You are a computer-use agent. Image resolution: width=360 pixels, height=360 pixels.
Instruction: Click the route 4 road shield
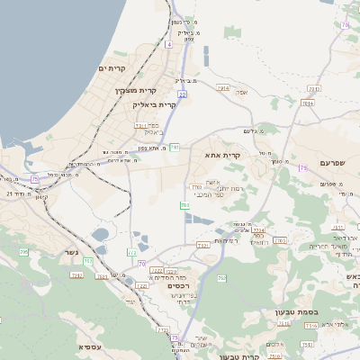point(168,43)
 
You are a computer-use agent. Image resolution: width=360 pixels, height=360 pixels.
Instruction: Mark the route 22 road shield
point(181,93)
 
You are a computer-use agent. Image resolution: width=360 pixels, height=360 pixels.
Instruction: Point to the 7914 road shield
point(222,87)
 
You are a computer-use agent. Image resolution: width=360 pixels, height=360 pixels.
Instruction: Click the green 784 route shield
point(184,206)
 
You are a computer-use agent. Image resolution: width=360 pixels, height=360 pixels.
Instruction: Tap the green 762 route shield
point(221,279)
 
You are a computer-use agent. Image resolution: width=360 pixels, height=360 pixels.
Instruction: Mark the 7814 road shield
point(308,103)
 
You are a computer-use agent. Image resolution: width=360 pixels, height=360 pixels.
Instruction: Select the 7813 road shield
point(313,88)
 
